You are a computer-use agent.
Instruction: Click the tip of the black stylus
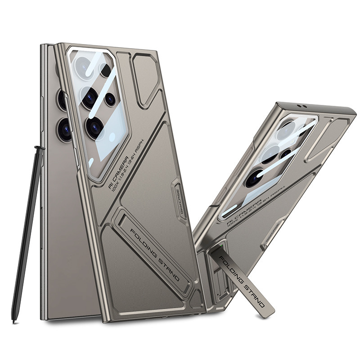[14, 320]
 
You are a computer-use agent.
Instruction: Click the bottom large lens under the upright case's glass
[94, 127]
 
